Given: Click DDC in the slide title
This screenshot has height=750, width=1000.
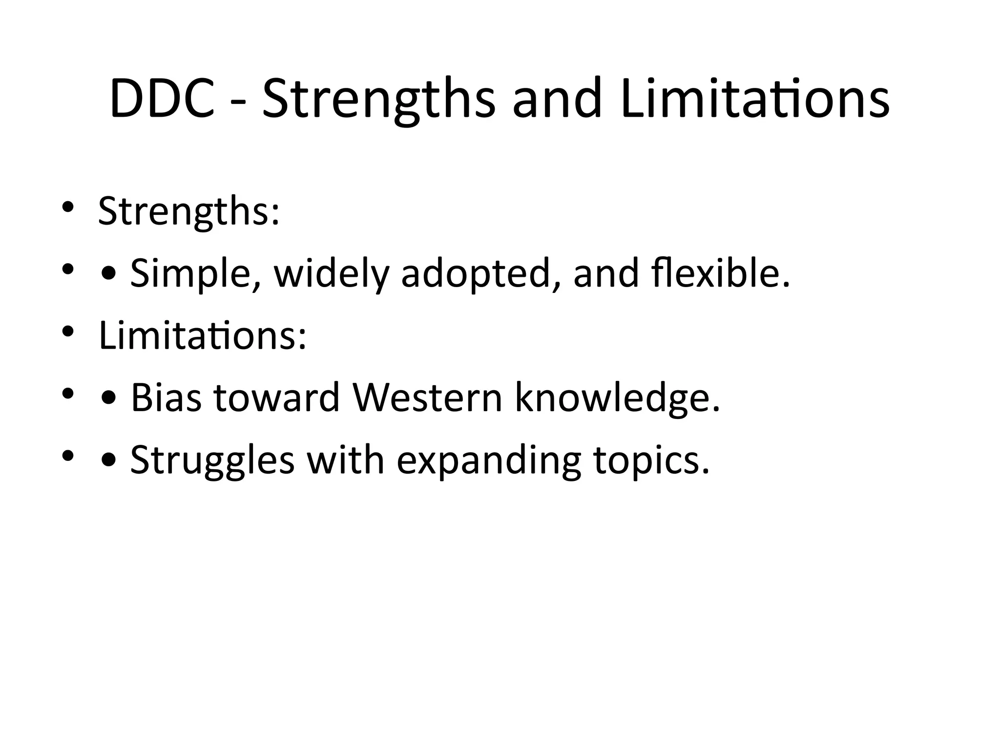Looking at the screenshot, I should pos(162,100).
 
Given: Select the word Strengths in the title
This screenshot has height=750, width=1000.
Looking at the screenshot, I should pos(378,100).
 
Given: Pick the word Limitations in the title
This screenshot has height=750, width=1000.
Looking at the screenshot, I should pos(755,100).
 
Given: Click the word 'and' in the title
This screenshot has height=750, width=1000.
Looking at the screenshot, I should pos(557,100).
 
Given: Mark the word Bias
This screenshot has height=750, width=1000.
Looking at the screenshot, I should pos(166,398).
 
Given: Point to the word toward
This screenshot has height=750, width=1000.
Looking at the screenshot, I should pos(276,398).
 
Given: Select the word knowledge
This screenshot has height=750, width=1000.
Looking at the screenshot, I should pos(617,398).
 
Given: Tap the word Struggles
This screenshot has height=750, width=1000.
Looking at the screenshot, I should pos(212,460).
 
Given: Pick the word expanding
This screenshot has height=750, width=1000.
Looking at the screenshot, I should pos(489,460).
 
